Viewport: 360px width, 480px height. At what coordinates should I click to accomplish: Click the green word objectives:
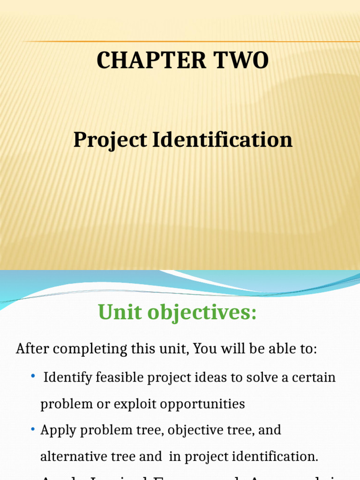click(x=203, y=313)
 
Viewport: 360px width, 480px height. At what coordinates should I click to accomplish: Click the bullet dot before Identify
click(x=33, y=376)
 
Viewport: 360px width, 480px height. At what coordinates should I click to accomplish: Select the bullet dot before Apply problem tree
click(x=33, y=429)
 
